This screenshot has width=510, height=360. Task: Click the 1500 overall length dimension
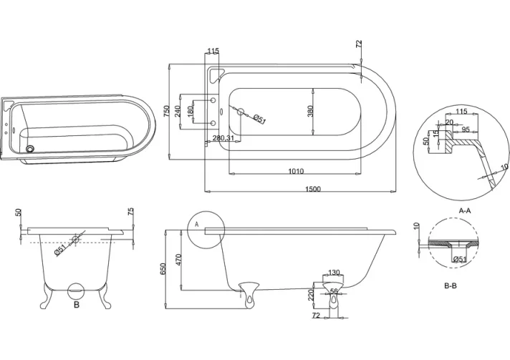click(x=312, y=189)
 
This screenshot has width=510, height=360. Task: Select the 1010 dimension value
click(x=296, y=171)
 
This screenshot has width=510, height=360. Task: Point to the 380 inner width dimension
click(x=311, y=112)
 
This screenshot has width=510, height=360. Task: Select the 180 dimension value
click(x=191, y=112)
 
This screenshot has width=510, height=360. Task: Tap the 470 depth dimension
click(x=179, y=258)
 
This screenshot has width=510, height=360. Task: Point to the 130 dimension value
click(x=334, y=273)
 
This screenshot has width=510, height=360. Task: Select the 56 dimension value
click(x=334, y=291)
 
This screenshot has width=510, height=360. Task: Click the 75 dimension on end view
click(x=130, y=213)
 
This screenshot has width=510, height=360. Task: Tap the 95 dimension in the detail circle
click(x=465, y=130)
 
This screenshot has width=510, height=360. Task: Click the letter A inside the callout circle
click(x=196, y=224)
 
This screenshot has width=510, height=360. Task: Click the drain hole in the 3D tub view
click(x=30, y=149)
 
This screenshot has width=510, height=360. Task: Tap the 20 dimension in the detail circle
click(x=448, y=122)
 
